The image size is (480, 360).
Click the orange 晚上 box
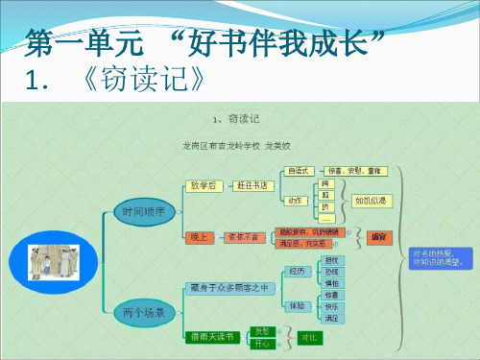(x=200, y=234)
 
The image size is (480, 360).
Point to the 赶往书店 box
(x=254, y=185)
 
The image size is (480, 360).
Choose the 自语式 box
(x=299, y=170)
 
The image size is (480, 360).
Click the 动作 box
(x=297, y=201)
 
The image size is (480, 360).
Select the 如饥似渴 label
(x=371, y=202)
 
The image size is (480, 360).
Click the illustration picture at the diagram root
(x=48, y=260)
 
